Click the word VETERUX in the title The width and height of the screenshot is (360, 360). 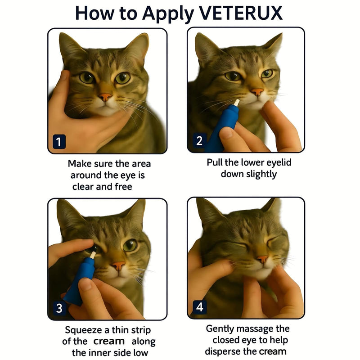coord(240,13)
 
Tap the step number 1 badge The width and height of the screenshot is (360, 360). coord(59,142)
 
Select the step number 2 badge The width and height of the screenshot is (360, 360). coord(199,140)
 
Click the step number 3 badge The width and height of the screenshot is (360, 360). coord(59,308)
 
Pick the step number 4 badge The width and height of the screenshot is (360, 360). coord(199,307)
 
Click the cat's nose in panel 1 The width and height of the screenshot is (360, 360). coord(105,97)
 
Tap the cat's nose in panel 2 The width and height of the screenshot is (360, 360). coord(257,92)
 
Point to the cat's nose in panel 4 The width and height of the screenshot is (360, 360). coord(262,259)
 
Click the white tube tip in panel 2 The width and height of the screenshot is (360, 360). coord(236,103)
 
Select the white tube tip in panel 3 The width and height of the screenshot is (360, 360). coord(93,255)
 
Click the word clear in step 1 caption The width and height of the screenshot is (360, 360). coord(83,187)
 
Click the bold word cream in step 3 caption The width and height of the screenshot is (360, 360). coord(109,342)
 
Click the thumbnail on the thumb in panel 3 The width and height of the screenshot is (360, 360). coord(85,284)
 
